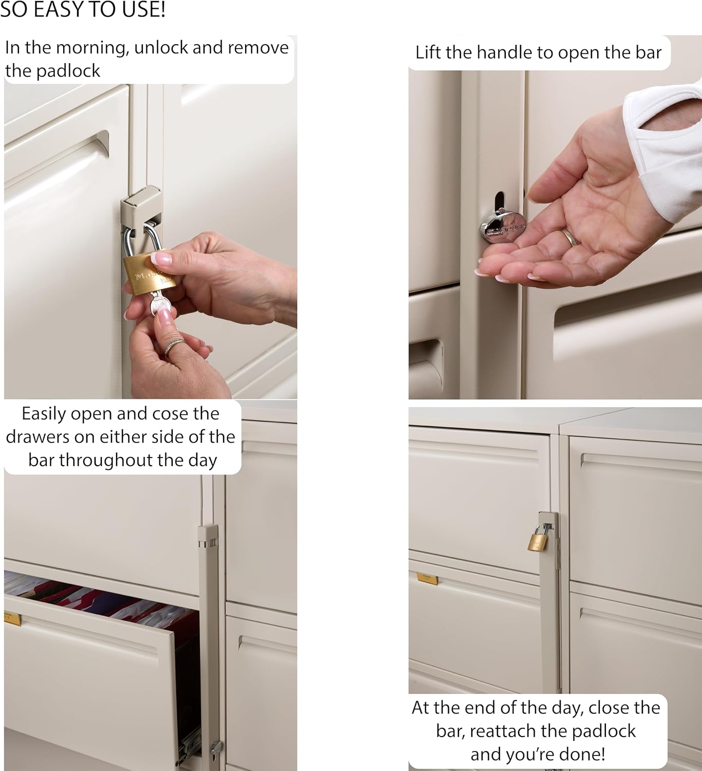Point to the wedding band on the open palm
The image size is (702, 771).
(x=570, y=237)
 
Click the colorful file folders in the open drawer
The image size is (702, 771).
(x=103, y=596)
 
